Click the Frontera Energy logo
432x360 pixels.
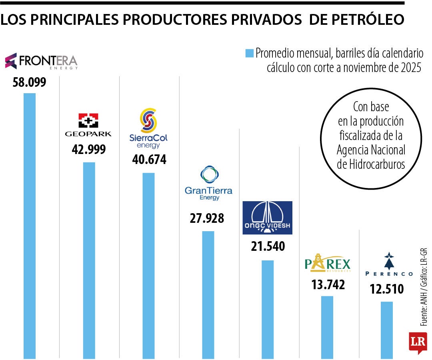(x=41, y=61)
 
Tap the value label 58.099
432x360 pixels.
(x=30, y=83)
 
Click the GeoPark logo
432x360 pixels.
(x=88, y=125)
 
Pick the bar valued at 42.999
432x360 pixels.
(x=89, y=260)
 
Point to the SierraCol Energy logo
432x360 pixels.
(x=148, y=128)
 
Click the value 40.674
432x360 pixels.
(x=149, y=160)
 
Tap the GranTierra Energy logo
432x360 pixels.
(x=208, y=184)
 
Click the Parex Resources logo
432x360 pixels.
(x=327, y=263)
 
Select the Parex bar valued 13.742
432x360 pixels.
(x=327, y=327)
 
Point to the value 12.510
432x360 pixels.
(x=386, y=288)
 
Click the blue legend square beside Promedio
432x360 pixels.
(x=249, y=53)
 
